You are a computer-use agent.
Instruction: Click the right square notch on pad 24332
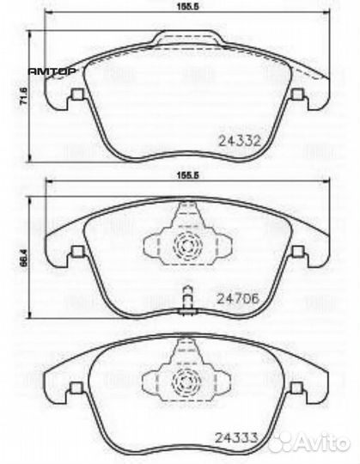pyautogui.click(x=298, y=95)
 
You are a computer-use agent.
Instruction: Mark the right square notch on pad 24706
pyautogui.click(x=297, y=251)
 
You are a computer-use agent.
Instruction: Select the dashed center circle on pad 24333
pyautogui.click(x=185, y=379)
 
